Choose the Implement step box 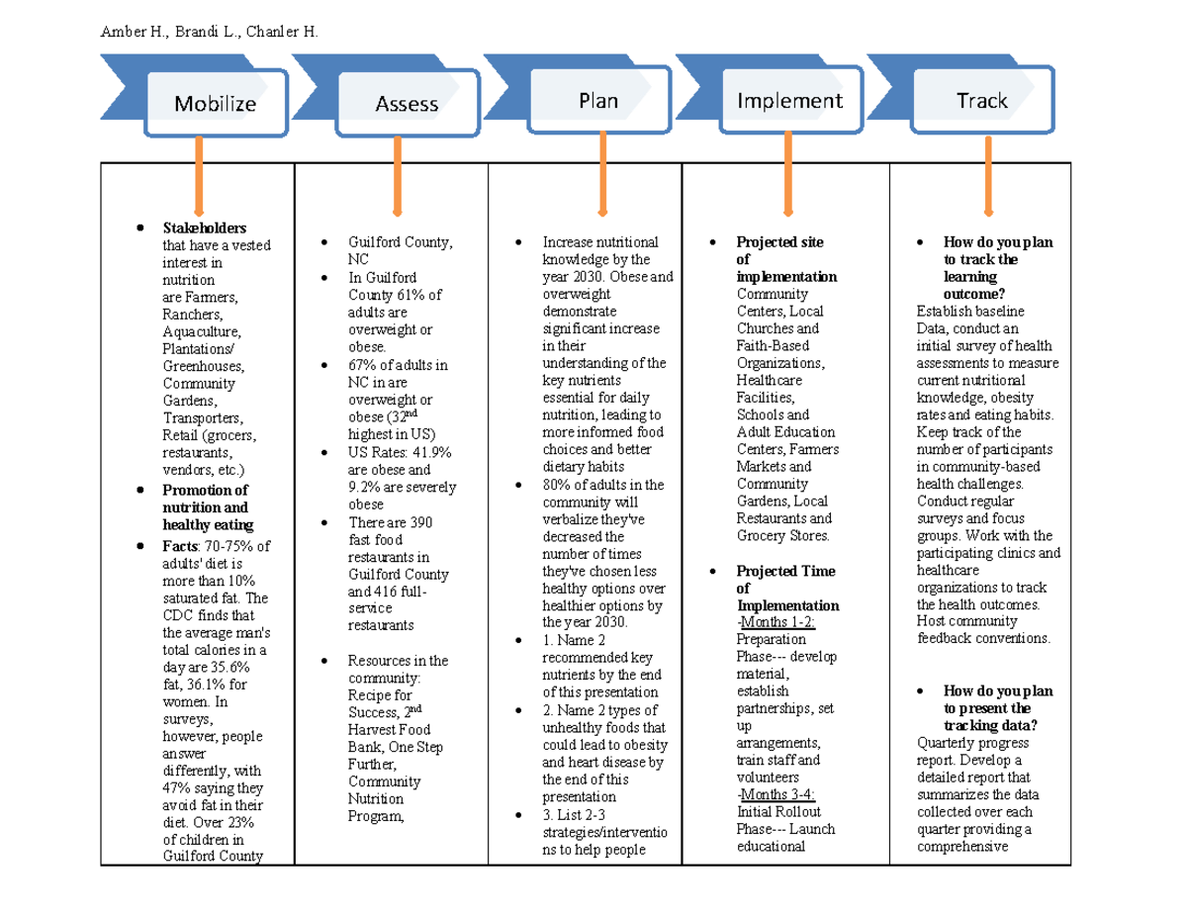[x=789, y=101]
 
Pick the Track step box [x=981, y=101]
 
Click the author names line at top [x=210, y=33]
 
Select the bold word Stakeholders [x=205, y=229]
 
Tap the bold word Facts [x=180, y=546]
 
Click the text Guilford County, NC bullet [x=400, y=250]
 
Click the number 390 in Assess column [x=419, y=521]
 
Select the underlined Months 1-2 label [x=776, y=622]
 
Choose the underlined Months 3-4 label [x=776, y=794]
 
